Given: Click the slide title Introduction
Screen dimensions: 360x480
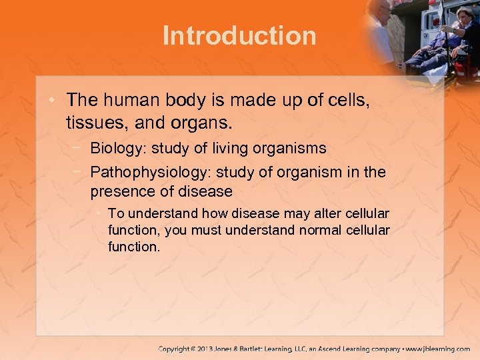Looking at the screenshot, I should (x=239, y=35).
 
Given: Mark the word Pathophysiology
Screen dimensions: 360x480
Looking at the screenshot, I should (x=149, y=172).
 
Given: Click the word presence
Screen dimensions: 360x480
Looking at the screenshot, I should (x=122, y=192).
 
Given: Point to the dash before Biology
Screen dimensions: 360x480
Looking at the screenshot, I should (x=79, y=147).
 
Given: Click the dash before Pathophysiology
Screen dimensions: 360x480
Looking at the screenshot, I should (x=79, y=171).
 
